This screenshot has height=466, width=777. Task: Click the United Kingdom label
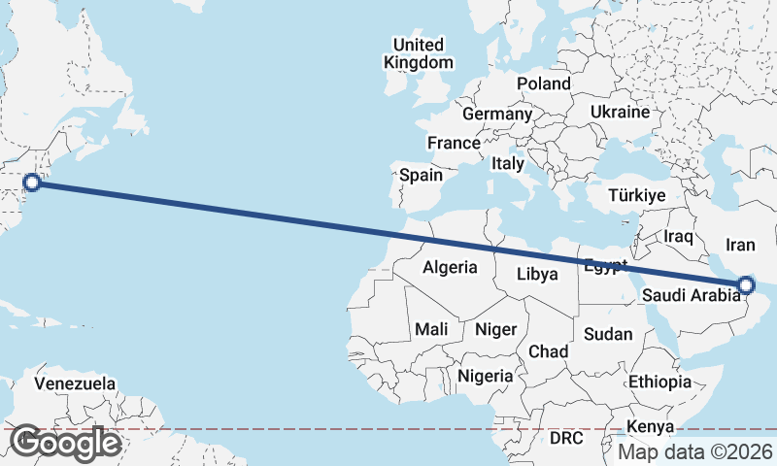pyautogui.click(x=419, y=53)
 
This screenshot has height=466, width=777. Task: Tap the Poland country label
pyautogui.click(x=544, y=83)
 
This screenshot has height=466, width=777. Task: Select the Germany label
pyautogui.click(x=497, y=114)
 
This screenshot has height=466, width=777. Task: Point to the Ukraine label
pyautogui.click(x=619, y=112)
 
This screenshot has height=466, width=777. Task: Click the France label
pyautogui.click(x=454, y=143)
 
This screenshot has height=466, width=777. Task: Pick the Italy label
pyautogui.click(x=508, y=163)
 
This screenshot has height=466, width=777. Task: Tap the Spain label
pyautogui.click(x=422, y=176)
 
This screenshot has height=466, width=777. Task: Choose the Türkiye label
pyautogui.click(x=636, y=195)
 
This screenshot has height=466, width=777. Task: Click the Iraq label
pyautogui.click(x=678, y=236)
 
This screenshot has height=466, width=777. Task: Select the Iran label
pyautogui.click(x=741, y=244)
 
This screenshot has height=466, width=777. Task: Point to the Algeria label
pyautogui.click(x=450, y=267)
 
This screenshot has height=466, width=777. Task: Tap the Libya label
pyautogui.click(x=537, y=274)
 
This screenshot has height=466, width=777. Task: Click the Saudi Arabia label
pyautogui.click(x=692, y=296)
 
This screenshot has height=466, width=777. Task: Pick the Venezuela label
pyautogui.click(x=75, y=383)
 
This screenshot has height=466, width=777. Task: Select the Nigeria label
pyautogui.click(x=486, y=375)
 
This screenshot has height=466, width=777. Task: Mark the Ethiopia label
pyautogui.click(x=659, y=382)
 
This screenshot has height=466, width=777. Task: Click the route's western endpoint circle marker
pyautogui.click(x=31, y=182)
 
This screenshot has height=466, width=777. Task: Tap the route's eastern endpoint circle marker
pyautogui.click(x=746, y=284)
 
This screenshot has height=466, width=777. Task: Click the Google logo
pyautogui.click(x=65, y=443)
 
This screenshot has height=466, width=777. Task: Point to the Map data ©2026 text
pyautogui.click(x=695, y=451)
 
